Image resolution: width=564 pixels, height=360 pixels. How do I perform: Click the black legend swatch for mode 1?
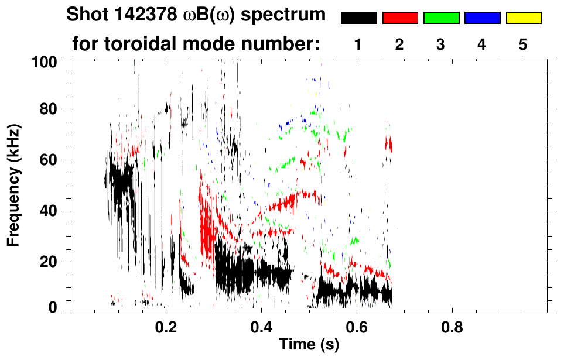click(359, 18)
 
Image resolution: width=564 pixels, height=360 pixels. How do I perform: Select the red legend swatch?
click(400, 18)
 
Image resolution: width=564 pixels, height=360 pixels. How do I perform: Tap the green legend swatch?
click(441, 18)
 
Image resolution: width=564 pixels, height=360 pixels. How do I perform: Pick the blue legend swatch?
click(482, 18)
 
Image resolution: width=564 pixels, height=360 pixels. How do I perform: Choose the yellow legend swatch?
click(524, 18)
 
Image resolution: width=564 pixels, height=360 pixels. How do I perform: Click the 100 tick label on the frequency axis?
click(45, 60)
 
